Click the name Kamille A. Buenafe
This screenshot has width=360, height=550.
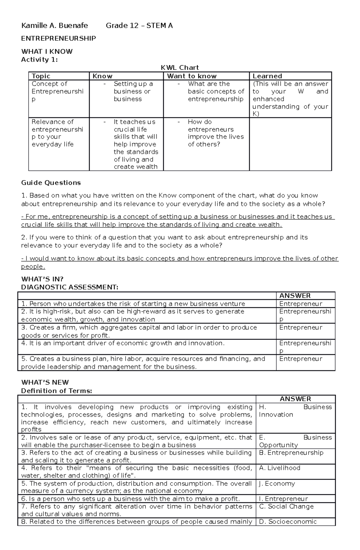pos(54,26)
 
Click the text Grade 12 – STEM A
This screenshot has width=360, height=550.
pos(139,26)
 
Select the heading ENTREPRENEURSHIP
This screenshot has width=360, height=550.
pos(58,38)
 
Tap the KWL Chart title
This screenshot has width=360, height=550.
pos(180,68)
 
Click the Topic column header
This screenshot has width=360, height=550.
pos(41,76)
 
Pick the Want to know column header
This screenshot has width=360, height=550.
pos(192,76)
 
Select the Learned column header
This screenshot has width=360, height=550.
pos(267,76)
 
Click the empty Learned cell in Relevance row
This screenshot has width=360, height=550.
pos(290,144)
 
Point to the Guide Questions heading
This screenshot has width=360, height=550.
pos(51,183)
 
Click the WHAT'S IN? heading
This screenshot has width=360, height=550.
pos(42,279)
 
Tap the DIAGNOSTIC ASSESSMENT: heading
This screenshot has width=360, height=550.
pos(70,287)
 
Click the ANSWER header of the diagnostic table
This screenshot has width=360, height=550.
pos(295,296)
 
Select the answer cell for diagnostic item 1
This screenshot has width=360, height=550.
pos(301,304)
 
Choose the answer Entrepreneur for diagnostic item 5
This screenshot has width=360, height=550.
pos(301,359)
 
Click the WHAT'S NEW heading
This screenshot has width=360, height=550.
pos(45,382)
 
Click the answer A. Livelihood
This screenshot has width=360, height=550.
pos(279,468)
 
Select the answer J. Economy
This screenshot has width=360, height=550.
pos(277,483)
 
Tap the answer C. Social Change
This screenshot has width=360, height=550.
pos(286,506)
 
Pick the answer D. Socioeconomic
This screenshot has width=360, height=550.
pos(288,522)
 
